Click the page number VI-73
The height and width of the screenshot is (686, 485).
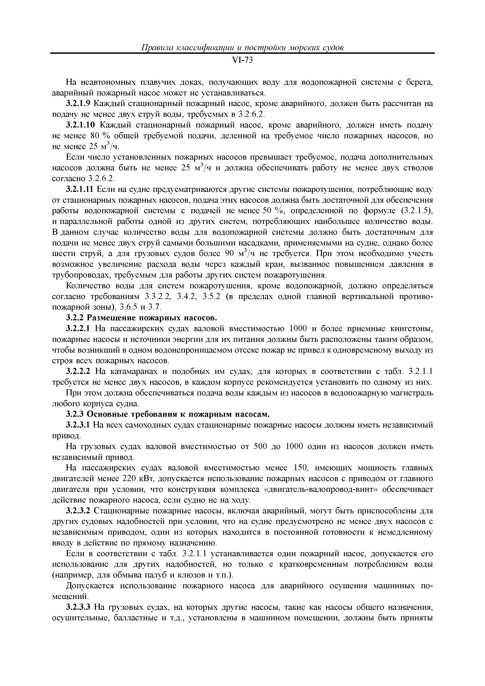tap(242, 61)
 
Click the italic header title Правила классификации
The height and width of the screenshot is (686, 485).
tap(242, 48)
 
